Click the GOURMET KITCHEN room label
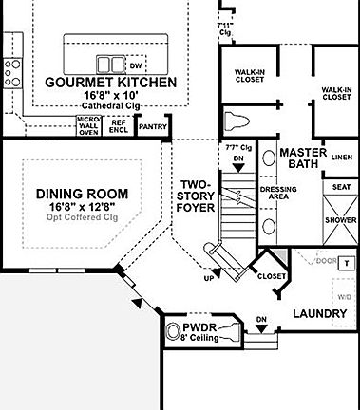(x=110, y=83)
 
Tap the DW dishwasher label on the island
(x=136, y=65)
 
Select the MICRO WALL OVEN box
(x=88, y=126)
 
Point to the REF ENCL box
(x=120, y=125)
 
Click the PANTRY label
(x=152, y=125)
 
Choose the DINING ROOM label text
(x=82, y=194)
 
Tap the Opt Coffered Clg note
(x=82, y=216)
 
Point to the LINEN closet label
(x=341, y=157)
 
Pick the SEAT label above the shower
(x=341, y=188)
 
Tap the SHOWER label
(x=341, y=219)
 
